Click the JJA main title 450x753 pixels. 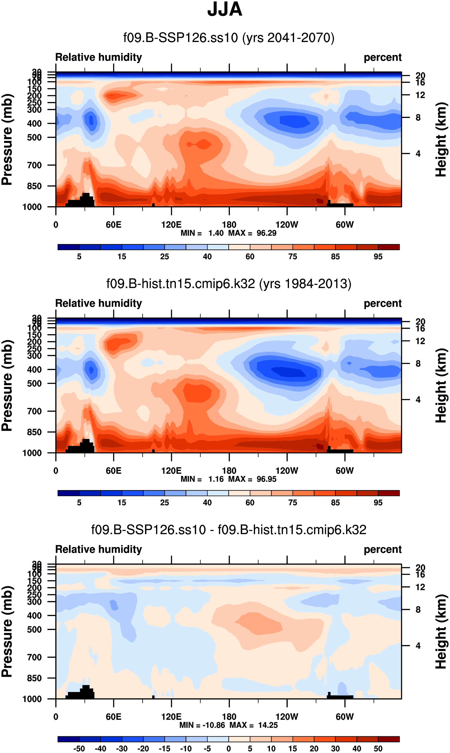225,9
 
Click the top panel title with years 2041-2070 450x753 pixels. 229,38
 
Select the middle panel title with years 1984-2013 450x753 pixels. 229,283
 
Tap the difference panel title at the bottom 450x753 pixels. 229,530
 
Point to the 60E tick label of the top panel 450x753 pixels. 114,225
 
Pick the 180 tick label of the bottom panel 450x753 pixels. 229,717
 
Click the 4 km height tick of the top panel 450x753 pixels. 418,154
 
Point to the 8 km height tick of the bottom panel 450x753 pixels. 418,609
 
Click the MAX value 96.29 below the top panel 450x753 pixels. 266,233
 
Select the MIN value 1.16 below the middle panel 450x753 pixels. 216,479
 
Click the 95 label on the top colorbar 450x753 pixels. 378,257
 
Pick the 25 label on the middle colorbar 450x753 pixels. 164,503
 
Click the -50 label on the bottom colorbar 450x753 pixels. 79,748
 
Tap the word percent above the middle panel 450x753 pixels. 382,303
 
